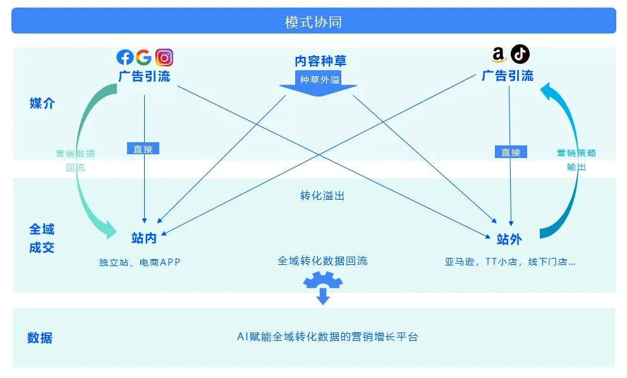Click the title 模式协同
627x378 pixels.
[313, 22]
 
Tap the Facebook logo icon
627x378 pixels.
[125, 58]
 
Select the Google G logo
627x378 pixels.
[143, 58]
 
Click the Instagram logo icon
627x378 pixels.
[164, 58]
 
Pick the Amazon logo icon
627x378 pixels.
[499, 55]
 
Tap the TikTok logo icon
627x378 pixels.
[520, 54]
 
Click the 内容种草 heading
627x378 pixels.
[320, 61]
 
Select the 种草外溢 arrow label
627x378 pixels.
[320, 80]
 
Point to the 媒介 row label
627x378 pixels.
[42, 103]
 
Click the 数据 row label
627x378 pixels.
[40, 338]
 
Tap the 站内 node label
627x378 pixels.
[144, 238]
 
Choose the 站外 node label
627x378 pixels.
[509, 239]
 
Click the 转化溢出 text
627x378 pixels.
[322, 196]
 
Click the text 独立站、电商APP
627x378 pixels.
[140, 262]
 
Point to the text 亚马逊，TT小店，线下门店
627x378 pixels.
[509, 262]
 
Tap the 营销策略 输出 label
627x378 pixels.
[576, 160]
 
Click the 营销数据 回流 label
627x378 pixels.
[75, 161]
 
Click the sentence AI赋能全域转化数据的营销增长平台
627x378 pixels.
[327, 337]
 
